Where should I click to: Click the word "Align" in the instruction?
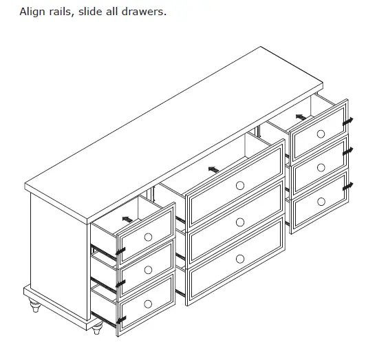[x=32, y=12]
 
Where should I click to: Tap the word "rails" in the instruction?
[x=67, y=12]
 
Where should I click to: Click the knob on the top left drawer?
[x=148, y=237]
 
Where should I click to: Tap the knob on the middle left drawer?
[x=148, y=270]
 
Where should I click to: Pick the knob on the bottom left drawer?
[x=148, y=304]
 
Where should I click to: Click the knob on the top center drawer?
[x=239, y=185]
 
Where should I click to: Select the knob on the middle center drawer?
[x=239, y=222]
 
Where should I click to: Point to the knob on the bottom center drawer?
[x=239, y=258]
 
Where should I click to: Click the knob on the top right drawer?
[x=321, y=134]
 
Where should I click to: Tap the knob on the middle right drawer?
[x=321, y=167]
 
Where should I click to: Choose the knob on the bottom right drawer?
[x=321, y=201]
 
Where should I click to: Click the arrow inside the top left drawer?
[x=125, y=220]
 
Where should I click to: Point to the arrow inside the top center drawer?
[x=214, y=168]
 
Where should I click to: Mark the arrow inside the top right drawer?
[x=301, y=117]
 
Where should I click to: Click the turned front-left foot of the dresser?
[x=97, y=329]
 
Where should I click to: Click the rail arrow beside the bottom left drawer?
[x=120, y=320]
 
